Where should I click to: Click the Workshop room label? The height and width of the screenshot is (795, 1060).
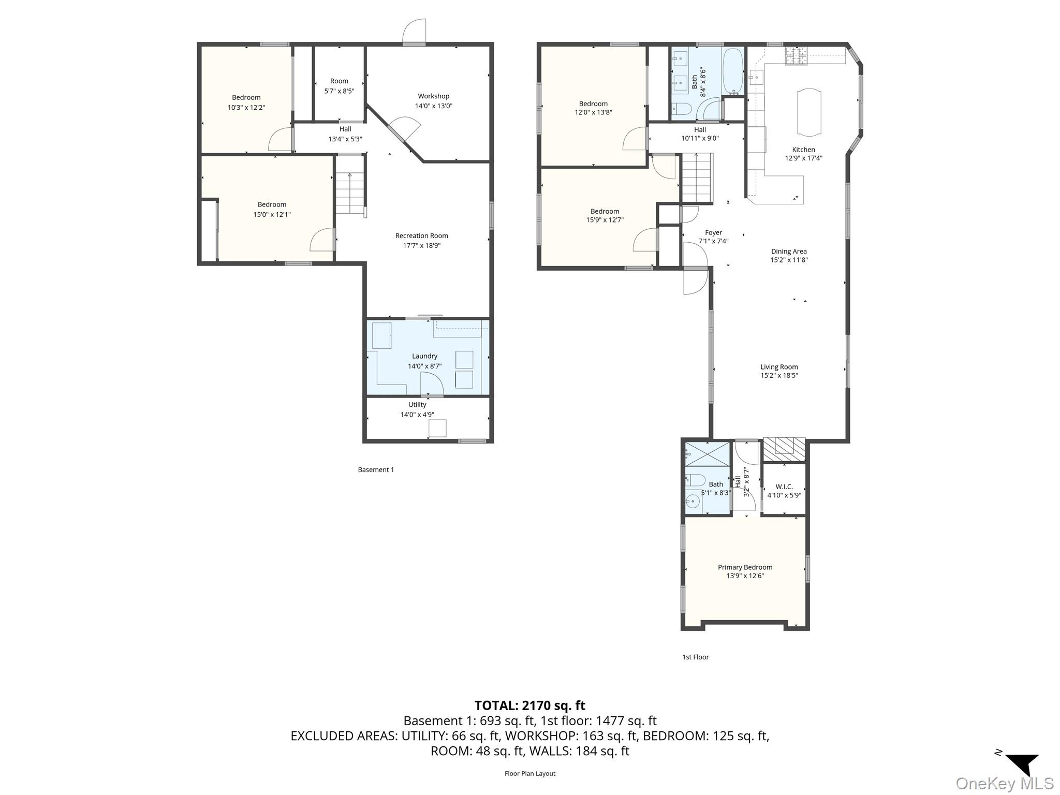click(x=433, y=96)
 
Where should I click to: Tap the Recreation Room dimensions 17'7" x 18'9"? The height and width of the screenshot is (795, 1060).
click(x=421, y=245)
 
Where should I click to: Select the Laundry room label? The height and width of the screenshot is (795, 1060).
click(x=424, y=356)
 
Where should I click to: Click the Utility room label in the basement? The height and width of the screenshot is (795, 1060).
click(x=417, y=405)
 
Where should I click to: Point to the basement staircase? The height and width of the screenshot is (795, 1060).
click(x=350, y=192)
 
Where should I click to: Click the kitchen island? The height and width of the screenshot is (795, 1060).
click(x=808, y=112)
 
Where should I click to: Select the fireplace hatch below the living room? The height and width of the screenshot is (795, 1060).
click(x=784, y=449)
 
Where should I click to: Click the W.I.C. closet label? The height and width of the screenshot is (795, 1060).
click(x=784, y=487)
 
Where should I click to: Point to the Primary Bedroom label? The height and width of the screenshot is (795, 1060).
click(x=745, y=567)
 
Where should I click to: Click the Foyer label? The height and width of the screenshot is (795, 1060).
click(x=713, y=233)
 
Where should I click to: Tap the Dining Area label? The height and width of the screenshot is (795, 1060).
click(x=788, y=252)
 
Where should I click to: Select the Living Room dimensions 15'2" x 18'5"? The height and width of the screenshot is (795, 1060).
click(x=779, y=376)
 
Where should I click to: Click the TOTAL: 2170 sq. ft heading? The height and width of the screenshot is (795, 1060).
click(x=529, y=705)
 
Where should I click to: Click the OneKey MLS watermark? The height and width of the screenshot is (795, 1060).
click(x=1004, y=784)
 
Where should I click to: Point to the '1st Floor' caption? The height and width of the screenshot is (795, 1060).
click(x=695, y=657)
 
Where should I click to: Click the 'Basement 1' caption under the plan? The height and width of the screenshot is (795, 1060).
click(x=376, y=470)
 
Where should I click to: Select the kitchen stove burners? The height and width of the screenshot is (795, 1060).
click(x=796, y=56)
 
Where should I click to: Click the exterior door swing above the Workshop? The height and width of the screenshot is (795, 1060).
click(x=415, y=31)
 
